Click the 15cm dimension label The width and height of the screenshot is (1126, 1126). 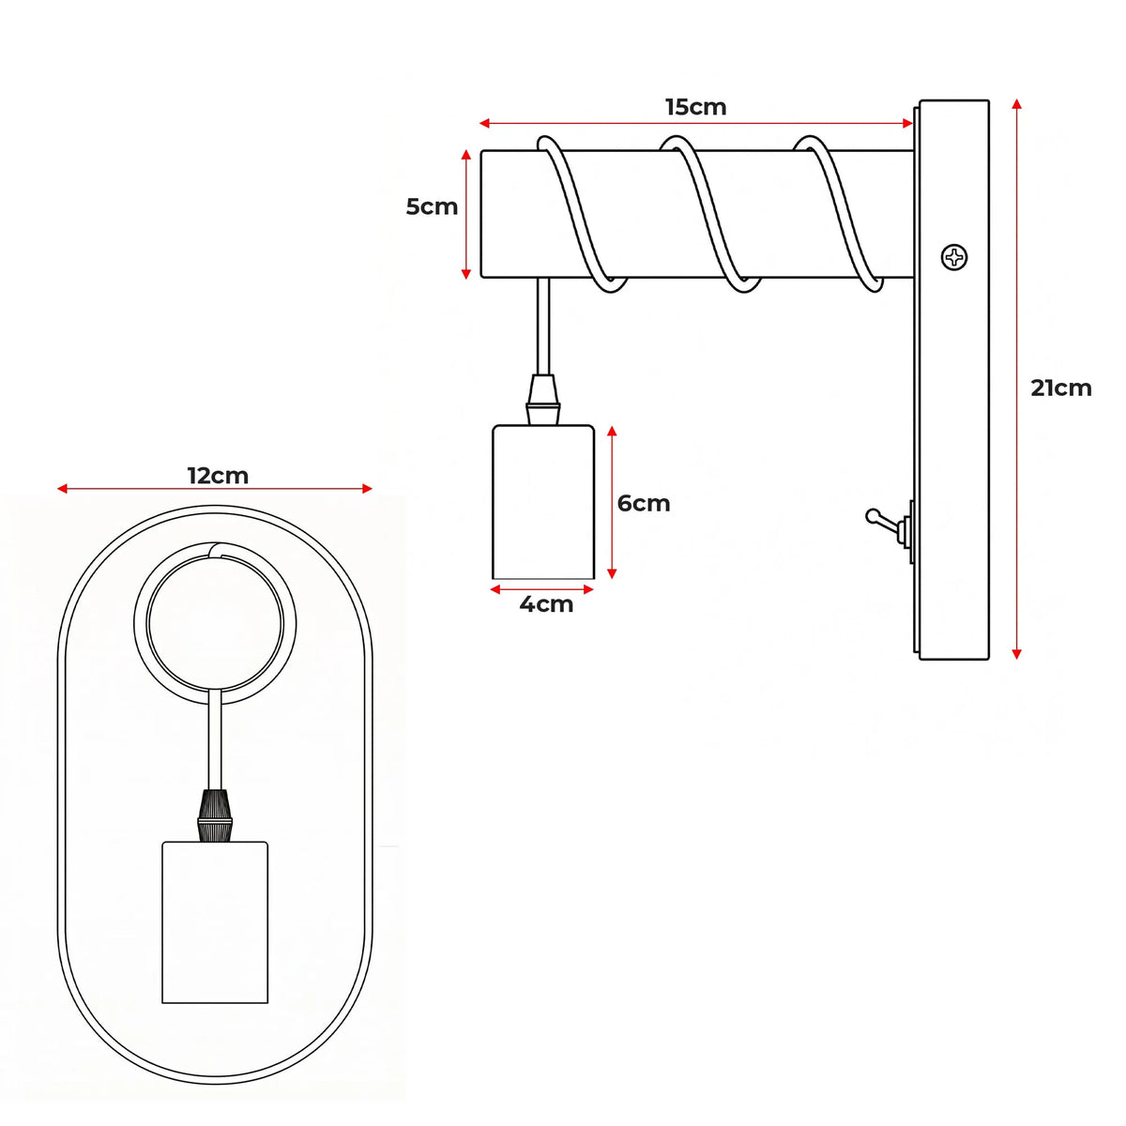[x=695, y=107]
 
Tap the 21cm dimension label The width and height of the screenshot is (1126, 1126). [x=1060, y=388]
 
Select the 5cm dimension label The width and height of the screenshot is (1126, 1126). [x=432, y=206]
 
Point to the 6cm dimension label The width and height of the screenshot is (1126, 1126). [x=644, y=503]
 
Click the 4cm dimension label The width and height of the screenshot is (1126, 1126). [x=546, y=604]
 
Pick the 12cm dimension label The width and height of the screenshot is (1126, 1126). [x=218, y=476]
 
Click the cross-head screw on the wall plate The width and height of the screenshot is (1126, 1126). [x=954, y=257]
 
